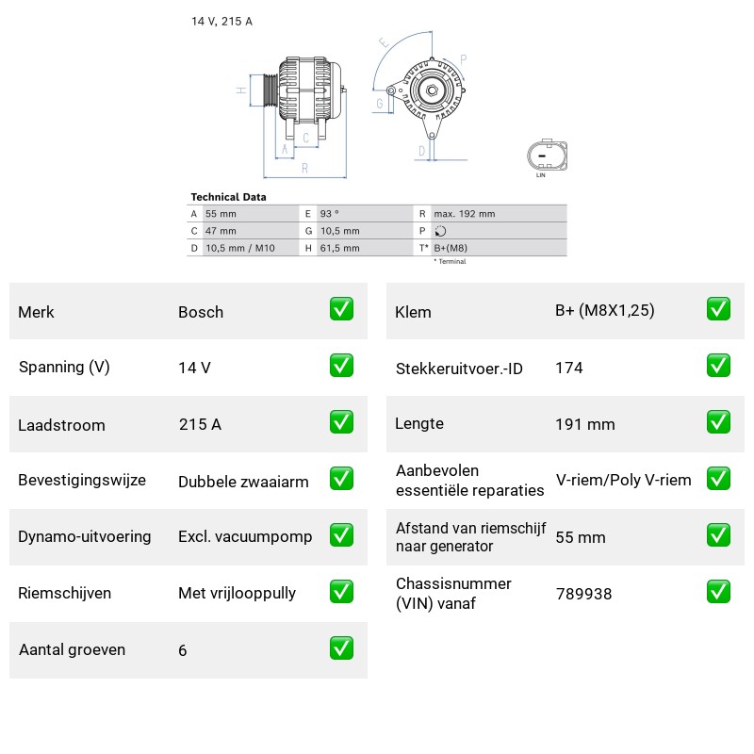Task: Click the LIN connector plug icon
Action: (x=547, y=156)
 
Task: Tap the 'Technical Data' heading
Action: (x=228, y=197)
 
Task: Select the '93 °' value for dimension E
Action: (x=329, y=214)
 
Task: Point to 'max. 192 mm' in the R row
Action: (x=464, y=214)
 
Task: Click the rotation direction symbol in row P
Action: (x=440, y=231)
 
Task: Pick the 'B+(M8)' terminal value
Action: (x=451, y=248)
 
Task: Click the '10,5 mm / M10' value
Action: (x=240, y=248)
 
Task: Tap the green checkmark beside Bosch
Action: (x=341, y=309)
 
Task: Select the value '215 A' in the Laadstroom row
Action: (x=200, y=424)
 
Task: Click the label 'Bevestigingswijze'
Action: (x=82, y=480)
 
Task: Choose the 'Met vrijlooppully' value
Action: (x=238, y=593)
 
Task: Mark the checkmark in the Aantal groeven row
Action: (x=341, y=648)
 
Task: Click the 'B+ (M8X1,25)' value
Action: (x=605, y=311)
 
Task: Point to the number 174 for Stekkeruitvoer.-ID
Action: (x=569, y=368)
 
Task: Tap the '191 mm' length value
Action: (x=585, y=424)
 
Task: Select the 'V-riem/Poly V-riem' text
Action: (x=624, y=480)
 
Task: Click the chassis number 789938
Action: (x=583, y=594)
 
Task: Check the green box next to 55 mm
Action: (x=718, y=535)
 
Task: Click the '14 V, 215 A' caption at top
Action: (x=221, y=21)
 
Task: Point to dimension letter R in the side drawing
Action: (x=304, y=169)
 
